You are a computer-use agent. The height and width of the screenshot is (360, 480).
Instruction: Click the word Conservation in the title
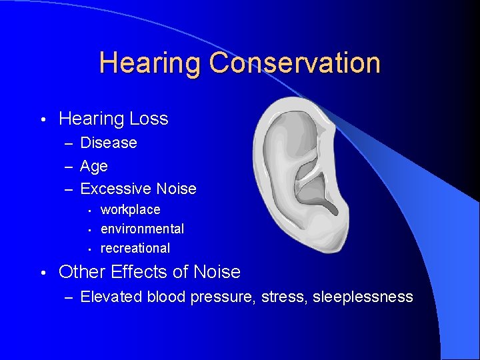(294, 63)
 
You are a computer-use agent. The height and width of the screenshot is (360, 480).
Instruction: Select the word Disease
(109, 143)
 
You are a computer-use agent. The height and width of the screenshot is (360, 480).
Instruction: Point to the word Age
(94, 166)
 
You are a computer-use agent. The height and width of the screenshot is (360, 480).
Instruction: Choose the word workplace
(131, 210)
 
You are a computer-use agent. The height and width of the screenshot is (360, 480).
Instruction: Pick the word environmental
(142, 229)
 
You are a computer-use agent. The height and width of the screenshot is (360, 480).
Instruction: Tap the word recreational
(135, 248)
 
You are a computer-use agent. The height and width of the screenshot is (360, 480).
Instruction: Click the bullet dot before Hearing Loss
(42, 120)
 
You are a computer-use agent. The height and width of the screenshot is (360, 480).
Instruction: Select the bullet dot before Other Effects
(42, 273)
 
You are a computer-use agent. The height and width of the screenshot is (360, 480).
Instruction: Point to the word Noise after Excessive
(176, 189)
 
